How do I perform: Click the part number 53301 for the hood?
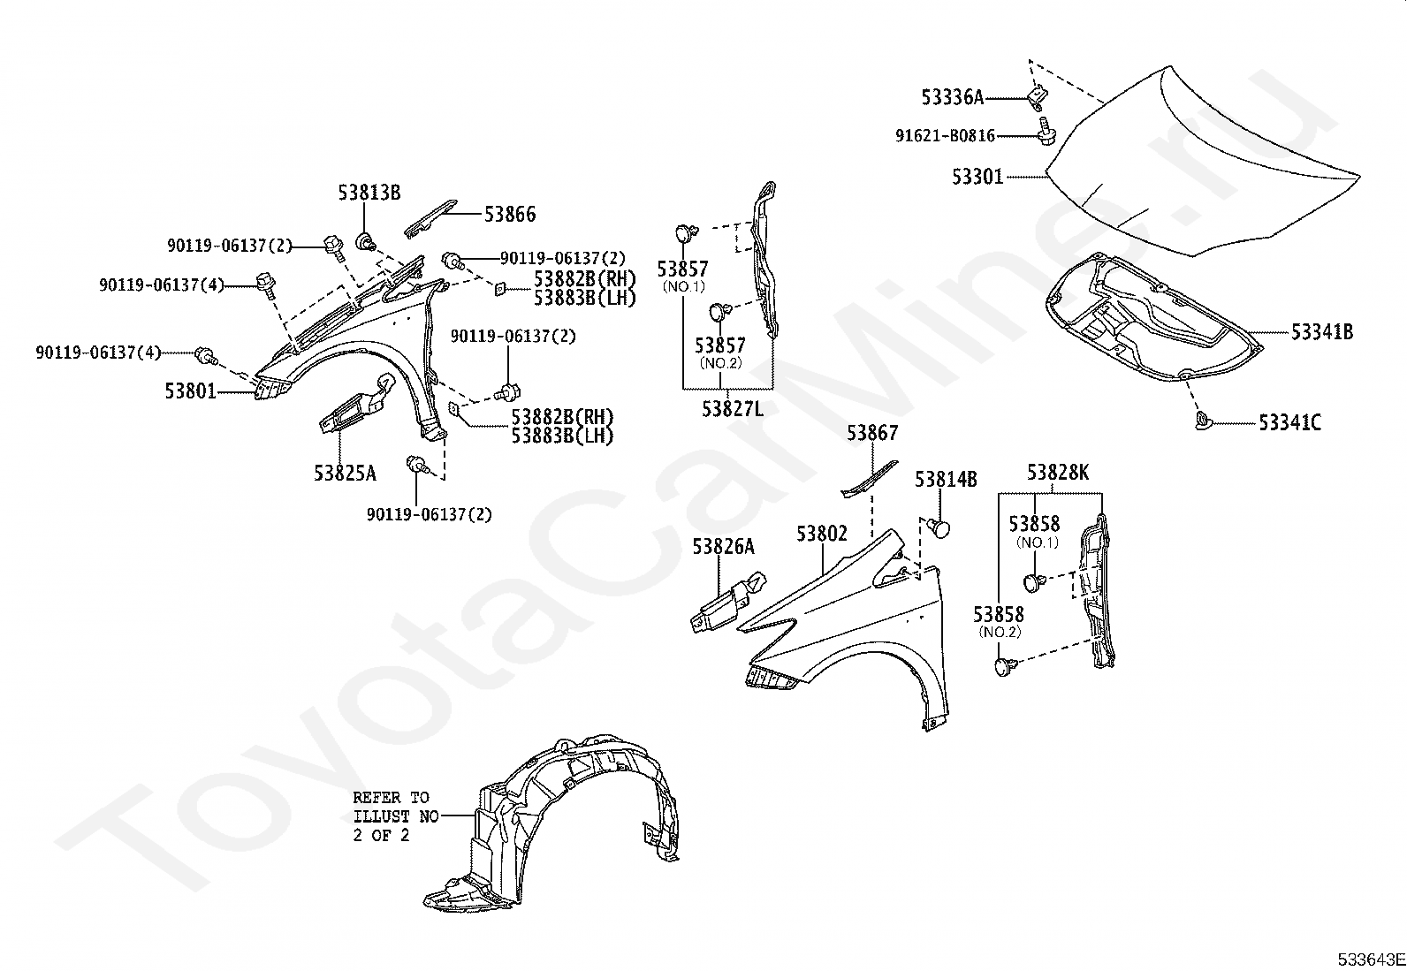[x=977, y=177]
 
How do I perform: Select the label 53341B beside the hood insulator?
[x=1321, y=332]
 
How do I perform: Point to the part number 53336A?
[x=952, y=97]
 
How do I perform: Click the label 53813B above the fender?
[x=369, y=192]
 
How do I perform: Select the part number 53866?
[x=509, y=214]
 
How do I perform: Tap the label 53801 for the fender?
[x=190, y=390]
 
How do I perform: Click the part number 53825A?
[x=345, y=474]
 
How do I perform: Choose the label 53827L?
[x=733, y=409]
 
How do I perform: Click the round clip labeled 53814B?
[x=940, y=528]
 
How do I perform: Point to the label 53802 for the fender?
[x=821, y=534]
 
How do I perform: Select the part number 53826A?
[x=723, y=547]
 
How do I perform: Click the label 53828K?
[x=1058, y=474]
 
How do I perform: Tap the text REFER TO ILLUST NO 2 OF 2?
[x=395, y=816]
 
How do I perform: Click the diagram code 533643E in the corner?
[x=1370, y=960]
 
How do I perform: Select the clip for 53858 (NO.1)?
[x=1033, y=581]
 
